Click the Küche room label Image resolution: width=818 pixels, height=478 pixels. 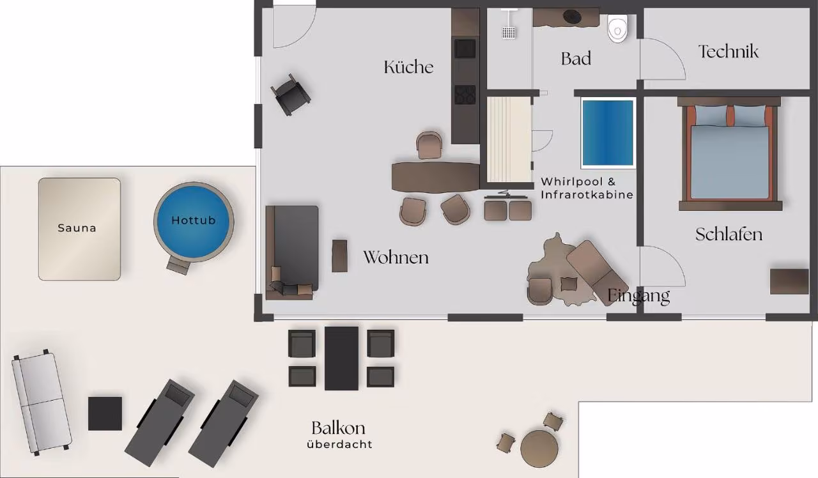(408, 67)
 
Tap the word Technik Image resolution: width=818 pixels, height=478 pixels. (729, 52)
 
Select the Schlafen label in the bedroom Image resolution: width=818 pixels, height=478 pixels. (729, 235)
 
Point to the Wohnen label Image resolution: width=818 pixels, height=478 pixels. (396, 258)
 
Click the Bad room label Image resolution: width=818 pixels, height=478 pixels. (576, 59)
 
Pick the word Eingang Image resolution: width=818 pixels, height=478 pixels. (638, 297)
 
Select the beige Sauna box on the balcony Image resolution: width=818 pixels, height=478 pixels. (79, 229)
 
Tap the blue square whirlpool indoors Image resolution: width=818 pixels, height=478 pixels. (608, 133)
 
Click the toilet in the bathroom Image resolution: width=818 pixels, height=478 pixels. (617, 29)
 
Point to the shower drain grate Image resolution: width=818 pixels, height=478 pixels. (509, 32)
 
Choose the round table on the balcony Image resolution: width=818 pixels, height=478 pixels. (539, 449)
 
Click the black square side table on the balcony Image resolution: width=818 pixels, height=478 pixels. (105, 413)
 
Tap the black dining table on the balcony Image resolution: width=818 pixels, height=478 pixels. (341, 358)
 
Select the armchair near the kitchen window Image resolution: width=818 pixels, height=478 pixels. (291, 95)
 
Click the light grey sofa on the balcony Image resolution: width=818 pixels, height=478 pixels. (42, 403)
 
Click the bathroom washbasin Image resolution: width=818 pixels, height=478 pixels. (572, 16)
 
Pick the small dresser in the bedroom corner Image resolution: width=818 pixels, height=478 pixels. (789, 281)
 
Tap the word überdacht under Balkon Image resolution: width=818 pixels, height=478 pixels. (339, 444)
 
